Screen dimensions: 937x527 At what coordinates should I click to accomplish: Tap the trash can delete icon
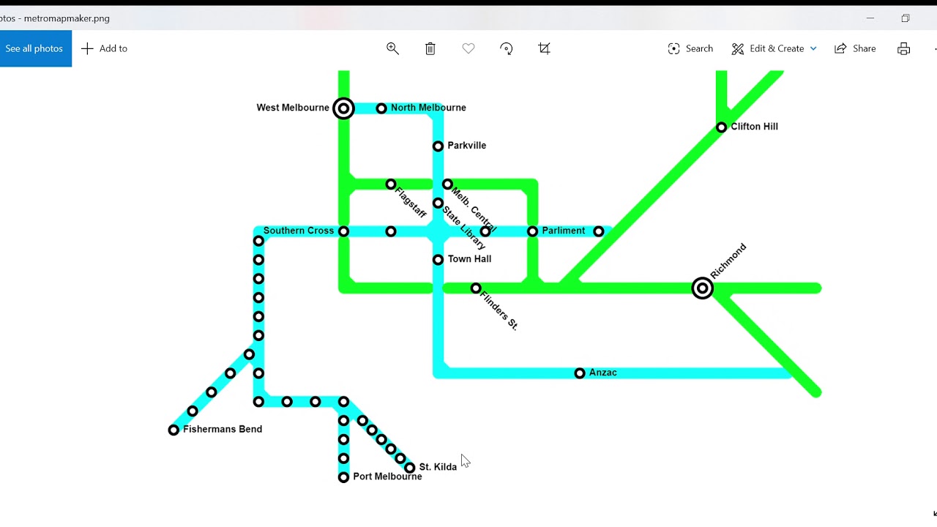pyautogui.click(x=430, y=48)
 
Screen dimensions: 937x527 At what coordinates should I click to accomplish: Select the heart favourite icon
pyautogui.click(x=468, y=48)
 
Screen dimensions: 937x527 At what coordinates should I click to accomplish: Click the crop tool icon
pyautogui.click(x=544, y=48)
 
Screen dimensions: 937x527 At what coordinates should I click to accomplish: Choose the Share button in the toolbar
pyautogui.click(x=854, y=48)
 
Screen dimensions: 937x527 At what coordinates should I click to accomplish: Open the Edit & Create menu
pyautogui.click(x=774, y=48)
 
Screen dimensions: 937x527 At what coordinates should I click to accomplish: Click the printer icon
pyautogui.click(x=903, y=48)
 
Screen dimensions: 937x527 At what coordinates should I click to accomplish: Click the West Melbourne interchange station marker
pyautogui.click(x=343, y=108)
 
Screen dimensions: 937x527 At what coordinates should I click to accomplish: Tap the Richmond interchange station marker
pyautogui.click(x=702, y=288)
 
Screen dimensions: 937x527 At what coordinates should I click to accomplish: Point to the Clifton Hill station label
pyautogui.click(x=754, y=127)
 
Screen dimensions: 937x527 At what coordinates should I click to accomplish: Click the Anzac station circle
pyautogui.click(x=579, y=373)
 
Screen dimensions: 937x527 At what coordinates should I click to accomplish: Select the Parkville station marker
pyautogui.click(x=438, y=146)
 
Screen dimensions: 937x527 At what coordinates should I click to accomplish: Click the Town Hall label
pyautogui.click(x=469, y=259)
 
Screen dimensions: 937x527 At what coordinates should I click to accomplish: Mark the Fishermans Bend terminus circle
pyautogui.click(x=173, y=430)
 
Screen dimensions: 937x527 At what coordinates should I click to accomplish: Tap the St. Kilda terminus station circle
pyautogui.click(x=409, y=468)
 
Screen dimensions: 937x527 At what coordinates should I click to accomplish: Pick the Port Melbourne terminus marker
pyautogui.click(x=343, y=477)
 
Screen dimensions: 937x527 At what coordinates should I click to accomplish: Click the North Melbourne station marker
pyautogui.click(x=381, y=109)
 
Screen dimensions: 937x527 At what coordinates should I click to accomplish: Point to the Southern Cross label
pyautogui.click(x=299, y=231)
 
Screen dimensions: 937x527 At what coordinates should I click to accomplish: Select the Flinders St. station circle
pyautogui.click(x=476, y=288)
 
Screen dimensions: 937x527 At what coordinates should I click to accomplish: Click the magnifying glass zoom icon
pyautogui.click(x=392, y=48)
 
